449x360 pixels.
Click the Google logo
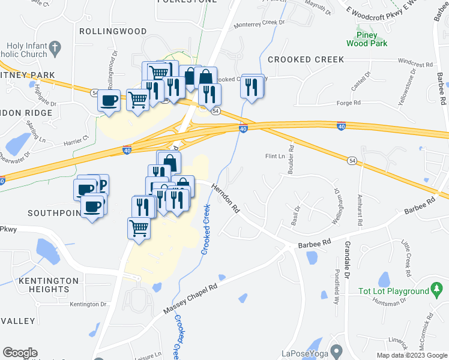coord(20,353)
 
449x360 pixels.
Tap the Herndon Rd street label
coord(225,199)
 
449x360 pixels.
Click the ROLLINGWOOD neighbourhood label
coord(112,31)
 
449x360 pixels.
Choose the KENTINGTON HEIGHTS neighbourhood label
coord(49,285)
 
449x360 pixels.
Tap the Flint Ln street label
coord(275,157)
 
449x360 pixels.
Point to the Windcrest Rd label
coord(415,64)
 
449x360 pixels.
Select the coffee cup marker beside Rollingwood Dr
coord(109,100)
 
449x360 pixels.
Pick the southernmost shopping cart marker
coord(139,228)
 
